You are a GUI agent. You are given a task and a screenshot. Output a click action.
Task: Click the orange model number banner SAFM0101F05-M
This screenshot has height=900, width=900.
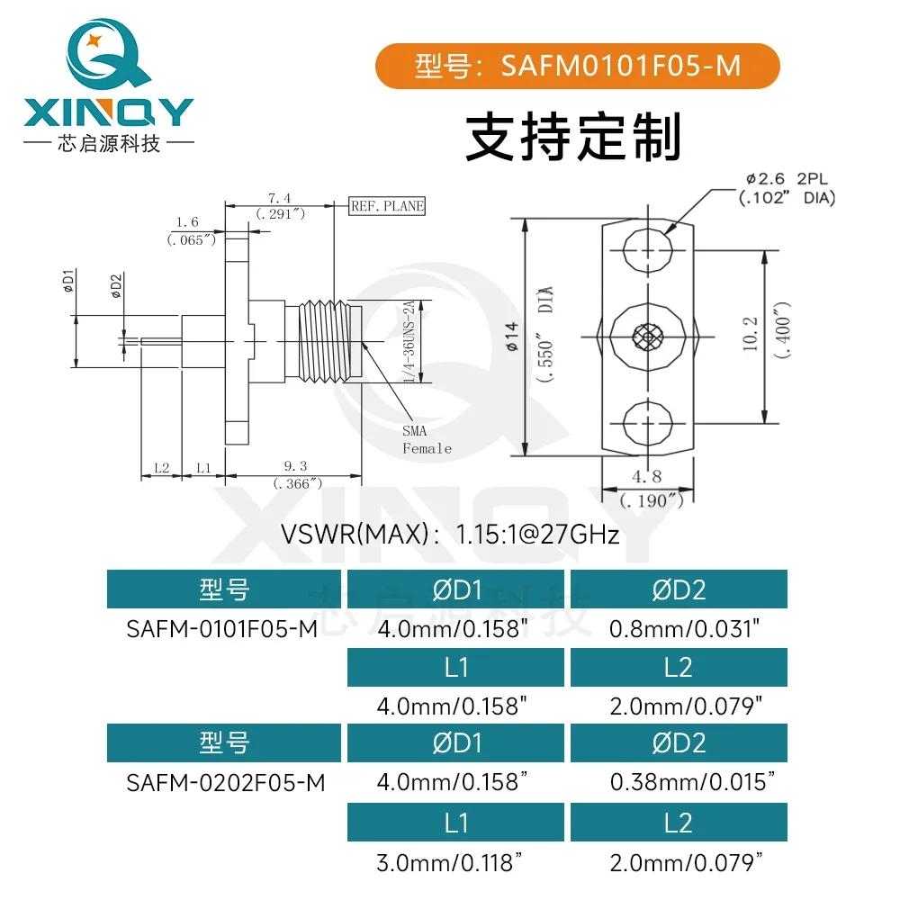pos(577,67)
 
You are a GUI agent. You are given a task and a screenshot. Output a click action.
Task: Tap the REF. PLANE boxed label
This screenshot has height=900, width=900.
pos(386,206)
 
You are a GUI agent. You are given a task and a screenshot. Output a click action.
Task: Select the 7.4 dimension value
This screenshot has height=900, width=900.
pos(280,198)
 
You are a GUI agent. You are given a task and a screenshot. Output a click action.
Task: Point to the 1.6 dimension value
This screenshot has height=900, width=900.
pos(187,221)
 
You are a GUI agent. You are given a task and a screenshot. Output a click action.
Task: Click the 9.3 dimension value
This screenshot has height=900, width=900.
pos(294,466)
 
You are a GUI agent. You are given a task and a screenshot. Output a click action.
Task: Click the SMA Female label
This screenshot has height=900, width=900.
pos(426,440)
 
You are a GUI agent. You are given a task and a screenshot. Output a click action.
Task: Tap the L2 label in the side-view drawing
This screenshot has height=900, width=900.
pos(162,468)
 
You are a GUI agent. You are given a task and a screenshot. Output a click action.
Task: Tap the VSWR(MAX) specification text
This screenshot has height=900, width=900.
pos(450,535)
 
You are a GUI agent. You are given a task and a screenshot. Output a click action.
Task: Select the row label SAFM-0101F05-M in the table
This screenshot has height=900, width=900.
pos(222,629)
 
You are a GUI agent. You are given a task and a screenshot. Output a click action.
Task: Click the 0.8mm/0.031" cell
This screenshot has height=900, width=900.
pos(679,629)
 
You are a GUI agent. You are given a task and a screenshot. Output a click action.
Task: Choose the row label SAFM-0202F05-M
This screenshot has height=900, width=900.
pos(225,782)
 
